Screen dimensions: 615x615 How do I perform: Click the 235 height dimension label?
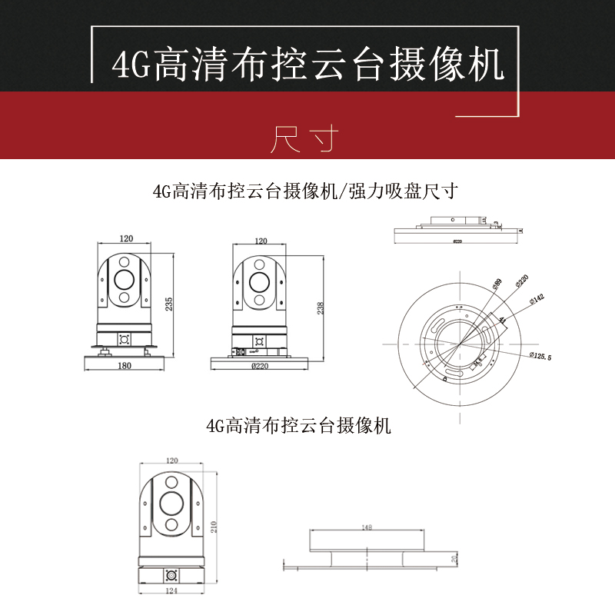169,303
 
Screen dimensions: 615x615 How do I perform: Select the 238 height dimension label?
320,307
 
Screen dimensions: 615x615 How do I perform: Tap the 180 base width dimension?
124,366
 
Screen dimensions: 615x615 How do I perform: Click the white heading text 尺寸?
306,138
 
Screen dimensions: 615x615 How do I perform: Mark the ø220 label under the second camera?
260,366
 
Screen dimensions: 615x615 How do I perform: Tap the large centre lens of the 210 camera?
171,503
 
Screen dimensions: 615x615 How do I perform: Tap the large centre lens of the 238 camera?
261,281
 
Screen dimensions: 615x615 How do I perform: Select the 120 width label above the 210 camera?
171,460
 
